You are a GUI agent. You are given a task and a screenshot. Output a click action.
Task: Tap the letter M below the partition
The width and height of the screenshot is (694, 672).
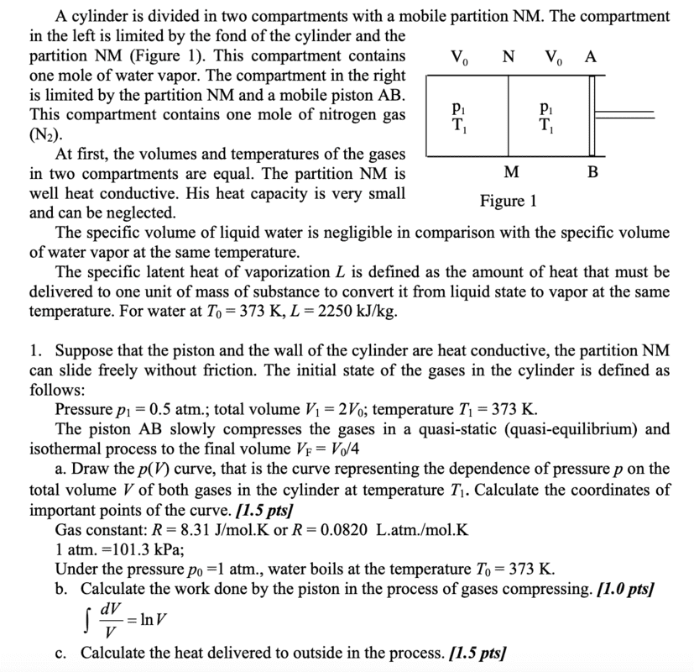tap(511, 173)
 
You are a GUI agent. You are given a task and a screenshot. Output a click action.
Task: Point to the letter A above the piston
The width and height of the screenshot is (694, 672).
tap(591, 56)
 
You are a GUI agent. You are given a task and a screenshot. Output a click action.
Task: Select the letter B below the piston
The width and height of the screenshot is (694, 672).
tap(593, 173)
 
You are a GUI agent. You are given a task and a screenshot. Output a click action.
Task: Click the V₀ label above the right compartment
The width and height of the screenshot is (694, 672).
tap(553, 57)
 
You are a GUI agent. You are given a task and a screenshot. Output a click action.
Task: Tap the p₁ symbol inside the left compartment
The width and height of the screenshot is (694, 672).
tap(456, 108)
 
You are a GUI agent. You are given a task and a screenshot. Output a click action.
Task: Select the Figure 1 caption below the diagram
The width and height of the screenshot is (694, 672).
tap(508, 202)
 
